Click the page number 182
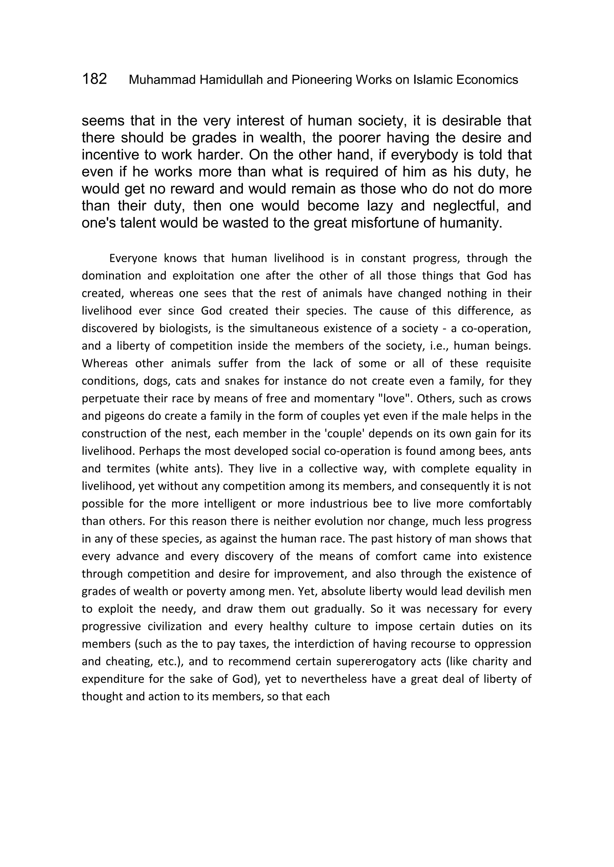(x=94, y=79)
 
